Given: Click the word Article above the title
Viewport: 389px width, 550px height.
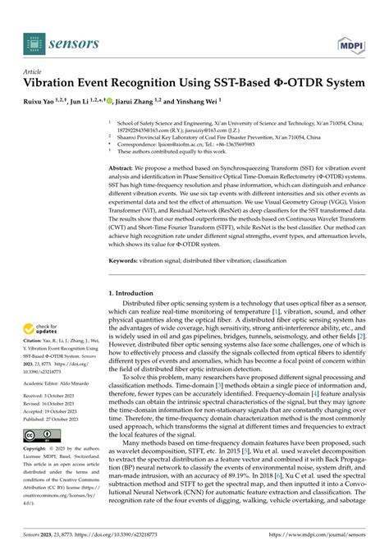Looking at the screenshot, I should tap(34, 71).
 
